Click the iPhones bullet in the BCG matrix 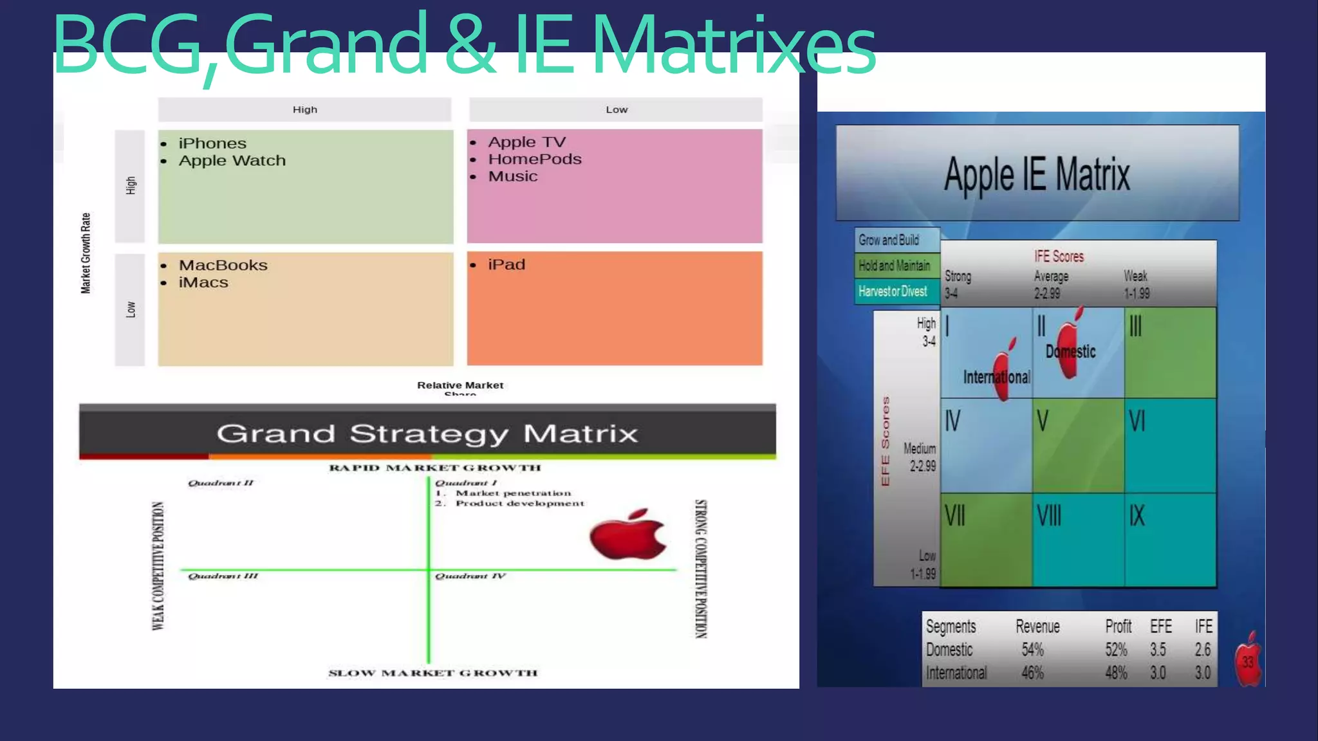point(212,143)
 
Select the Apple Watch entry point(232,161)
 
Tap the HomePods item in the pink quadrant point(534,159)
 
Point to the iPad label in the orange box point(506,264)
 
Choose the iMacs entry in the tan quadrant point(203,282)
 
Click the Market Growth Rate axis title point(86,253)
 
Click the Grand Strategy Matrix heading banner point(427,433)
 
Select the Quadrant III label point(223,576)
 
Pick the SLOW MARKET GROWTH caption point(432,673)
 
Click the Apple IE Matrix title point(1037,174)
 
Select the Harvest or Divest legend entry point(893,291)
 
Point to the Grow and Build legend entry point(889,240)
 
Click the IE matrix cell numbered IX point(1170,539)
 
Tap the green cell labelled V point(1078,445)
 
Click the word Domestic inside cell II point(1070,351)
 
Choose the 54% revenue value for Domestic point(1032,650)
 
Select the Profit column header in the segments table point(1118,627)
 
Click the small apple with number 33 point(1248,660)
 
